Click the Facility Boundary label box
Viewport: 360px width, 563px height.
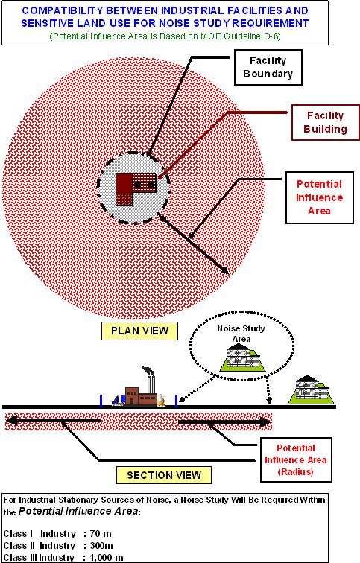268,68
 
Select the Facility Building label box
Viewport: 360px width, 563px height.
325,122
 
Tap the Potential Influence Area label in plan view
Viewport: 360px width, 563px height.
320,197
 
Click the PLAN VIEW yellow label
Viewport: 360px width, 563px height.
139,331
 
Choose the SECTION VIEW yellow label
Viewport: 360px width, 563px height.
164,475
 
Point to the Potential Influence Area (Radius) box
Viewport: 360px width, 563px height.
296,459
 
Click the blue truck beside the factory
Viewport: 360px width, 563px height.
119,400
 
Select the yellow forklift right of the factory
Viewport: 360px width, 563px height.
162,400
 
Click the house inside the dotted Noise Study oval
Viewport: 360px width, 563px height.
243,357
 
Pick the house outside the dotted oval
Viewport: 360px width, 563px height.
311,390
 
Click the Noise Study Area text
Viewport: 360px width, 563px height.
241,334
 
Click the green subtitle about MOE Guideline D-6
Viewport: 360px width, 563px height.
165,36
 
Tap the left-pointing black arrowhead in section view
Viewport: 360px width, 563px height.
13,420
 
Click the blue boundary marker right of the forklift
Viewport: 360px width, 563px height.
176,401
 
